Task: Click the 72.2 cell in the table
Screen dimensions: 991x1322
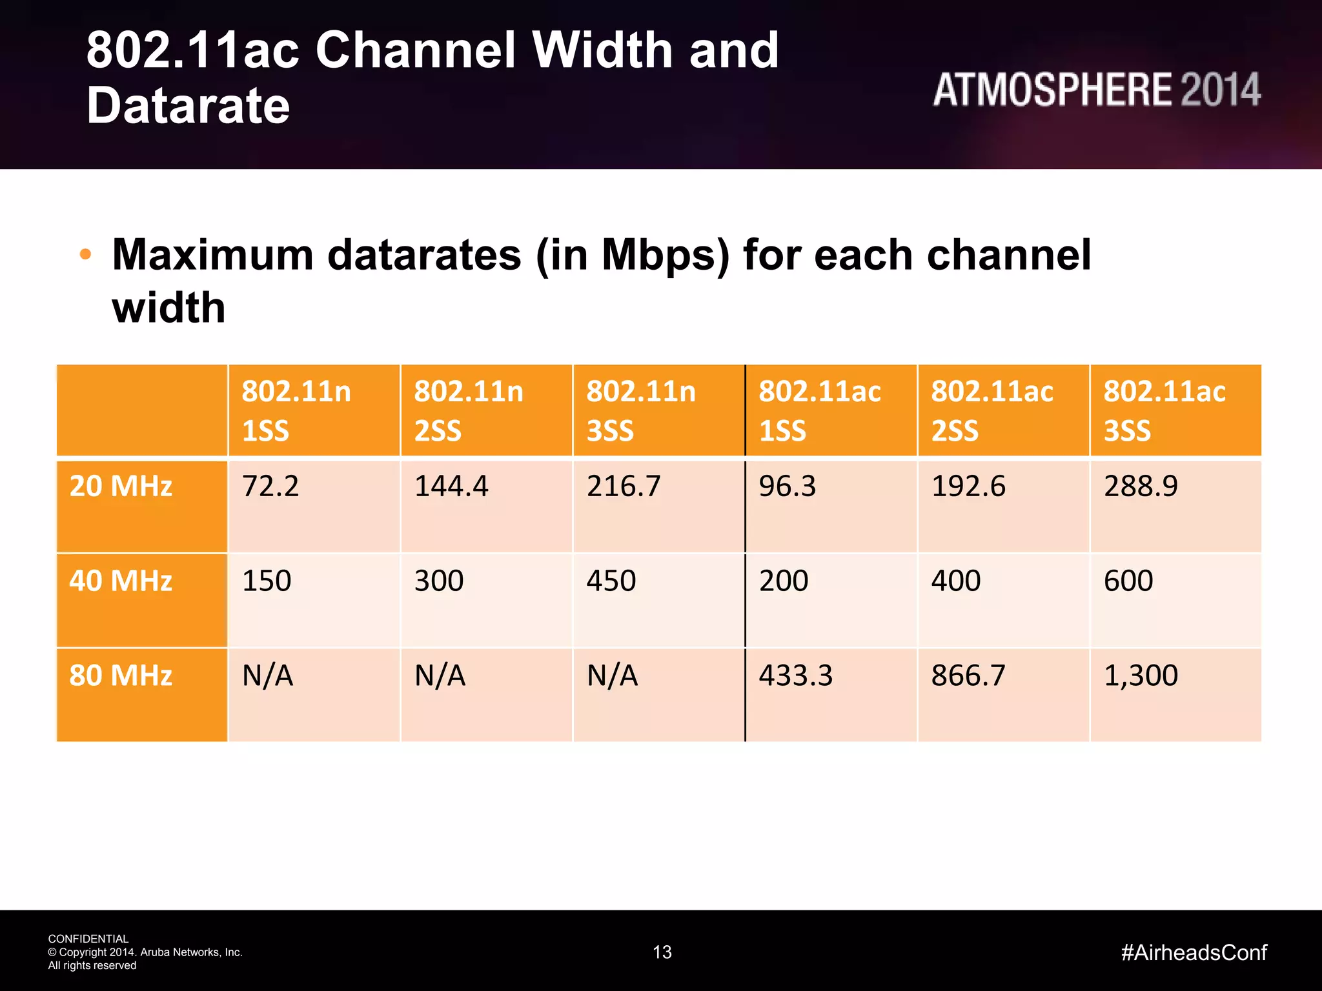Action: (270, 486)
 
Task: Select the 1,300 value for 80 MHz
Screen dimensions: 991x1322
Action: (1141, 676)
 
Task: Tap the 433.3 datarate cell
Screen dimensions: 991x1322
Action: (795, 676)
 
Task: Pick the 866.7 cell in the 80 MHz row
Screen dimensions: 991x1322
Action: (968, 676)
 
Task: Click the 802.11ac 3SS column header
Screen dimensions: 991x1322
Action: (1164, 410)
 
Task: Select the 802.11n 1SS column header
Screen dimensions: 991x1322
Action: (296, 410)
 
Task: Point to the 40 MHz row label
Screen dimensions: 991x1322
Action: (121, 581)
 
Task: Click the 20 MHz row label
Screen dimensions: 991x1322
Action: (121, 486)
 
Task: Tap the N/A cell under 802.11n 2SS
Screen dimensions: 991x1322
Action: (440, 676)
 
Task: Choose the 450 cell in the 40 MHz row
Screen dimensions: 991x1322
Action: (611, 581)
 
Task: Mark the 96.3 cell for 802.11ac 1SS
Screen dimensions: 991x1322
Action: (787, 486)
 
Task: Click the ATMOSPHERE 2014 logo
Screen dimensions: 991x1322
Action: (1096, 90)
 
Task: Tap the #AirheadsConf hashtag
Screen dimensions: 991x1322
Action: (1194, 952)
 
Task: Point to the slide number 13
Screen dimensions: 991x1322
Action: (662, 952)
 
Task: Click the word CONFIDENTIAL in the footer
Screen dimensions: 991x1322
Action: (88, 939)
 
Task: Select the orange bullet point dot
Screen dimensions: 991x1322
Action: (85, 255)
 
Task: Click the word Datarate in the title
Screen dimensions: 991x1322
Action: (188, 106)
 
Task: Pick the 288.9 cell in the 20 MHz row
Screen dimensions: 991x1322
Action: (1141, 486)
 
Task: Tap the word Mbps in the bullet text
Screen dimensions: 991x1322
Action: (666, 256)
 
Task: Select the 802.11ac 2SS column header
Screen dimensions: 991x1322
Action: (991, 410)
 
